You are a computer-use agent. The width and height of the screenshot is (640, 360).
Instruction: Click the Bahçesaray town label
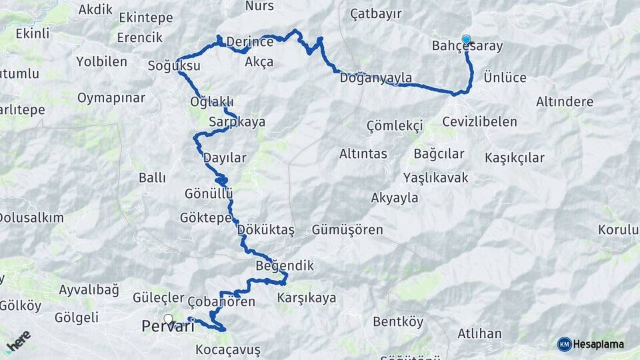click(467, 47)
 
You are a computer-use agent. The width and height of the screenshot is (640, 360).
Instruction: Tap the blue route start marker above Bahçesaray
click(466, 39)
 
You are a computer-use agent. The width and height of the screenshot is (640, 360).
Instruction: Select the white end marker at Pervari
click(168, 319)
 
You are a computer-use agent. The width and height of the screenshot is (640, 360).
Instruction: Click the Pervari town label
click(168, 327)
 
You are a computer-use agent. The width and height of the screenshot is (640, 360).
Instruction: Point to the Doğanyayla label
click(376, 78)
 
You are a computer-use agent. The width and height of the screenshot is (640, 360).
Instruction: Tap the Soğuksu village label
click(174, 66)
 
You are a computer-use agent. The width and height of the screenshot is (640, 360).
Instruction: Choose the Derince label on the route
click(250, 42)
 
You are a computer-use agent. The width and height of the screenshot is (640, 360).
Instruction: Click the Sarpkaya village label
click(237, 122)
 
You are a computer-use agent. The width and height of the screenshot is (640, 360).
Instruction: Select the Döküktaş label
click(266, 230)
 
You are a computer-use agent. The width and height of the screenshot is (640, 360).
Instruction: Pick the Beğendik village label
click(285, 266)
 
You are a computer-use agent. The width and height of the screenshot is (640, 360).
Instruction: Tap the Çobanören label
click(221, 302)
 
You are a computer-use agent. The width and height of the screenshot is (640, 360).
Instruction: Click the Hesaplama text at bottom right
click(599, 345)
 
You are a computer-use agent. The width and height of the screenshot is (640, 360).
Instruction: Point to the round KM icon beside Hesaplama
click(565, 345)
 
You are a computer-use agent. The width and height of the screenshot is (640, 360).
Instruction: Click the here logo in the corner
click(18, 341)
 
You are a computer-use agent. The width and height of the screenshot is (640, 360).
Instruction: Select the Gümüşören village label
click(347, 230)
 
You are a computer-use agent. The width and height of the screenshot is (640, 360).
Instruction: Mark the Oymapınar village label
click(111, 98)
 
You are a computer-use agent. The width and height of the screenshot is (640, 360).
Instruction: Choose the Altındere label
click(565, 102)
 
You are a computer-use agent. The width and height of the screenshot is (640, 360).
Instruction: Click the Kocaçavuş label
click(228, 350)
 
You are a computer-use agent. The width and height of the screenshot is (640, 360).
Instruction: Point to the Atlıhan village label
click(479, 333)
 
